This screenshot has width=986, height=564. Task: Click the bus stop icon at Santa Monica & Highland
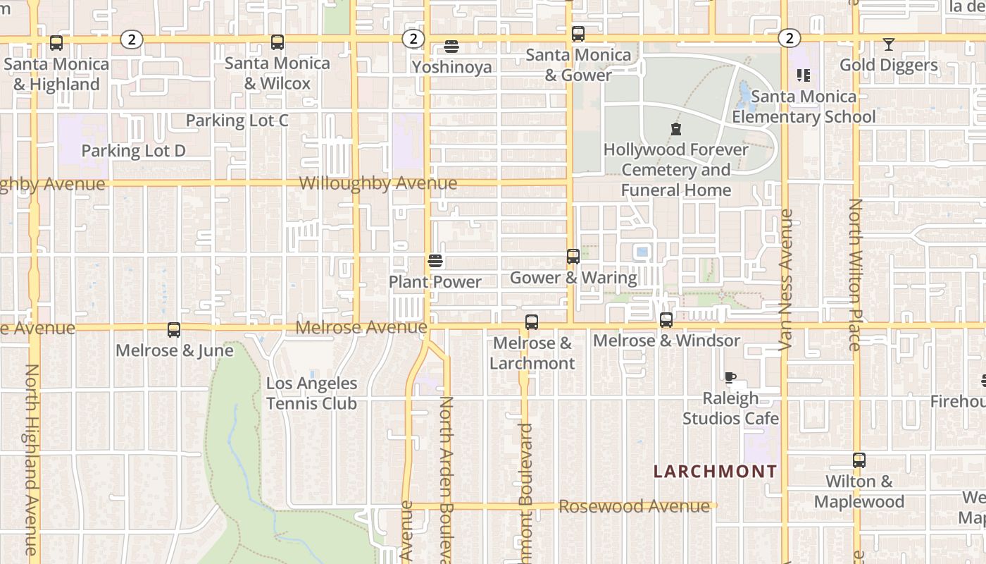pyautogui.click(x=56, y=43)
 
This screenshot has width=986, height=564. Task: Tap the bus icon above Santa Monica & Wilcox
pyautogui.click(x=277, y=42)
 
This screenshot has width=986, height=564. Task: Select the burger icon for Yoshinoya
pyautogui.click(x=451, y=47)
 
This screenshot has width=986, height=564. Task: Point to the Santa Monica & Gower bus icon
pyautogui.click(x=578, y=33)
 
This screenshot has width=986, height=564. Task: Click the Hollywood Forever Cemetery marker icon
pyautogui.click(x=676, y=129)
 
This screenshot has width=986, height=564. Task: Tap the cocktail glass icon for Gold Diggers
pyautogui.click(x=889, y=44)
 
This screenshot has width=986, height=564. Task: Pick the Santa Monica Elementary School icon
pyautogui.click(x=804, y=75)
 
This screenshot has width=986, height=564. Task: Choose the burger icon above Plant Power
pyautogui.click(x=435, y=261)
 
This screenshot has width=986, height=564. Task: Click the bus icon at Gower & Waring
pyautogui.click(x=573, y=257)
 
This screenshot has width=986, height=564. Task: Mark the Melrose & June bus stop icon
pyautogui.click(x=174, y=329)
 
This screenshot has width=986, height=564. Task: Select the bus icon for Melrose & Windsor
pyautogui.click(x=666, y=320)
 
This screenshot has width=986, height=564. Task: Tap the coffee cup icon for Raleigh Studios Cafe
pyautogui.click(x=730, y=377)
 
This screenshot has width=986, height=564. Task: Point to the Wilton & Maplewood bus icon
pyautogui.click(x=859, y=460)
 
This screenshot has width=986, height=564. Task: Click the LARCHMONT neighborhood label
pyautogui.click(x=716, y=472)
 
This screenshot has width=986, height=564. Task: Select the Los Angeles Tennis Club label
pyautogui.click(x=311, y=393)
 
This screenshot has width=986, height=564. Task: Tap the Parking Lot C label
pyautogui.click(x=237, y=121)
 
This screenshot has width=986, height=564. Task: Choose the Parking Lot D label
pyautogui.click(x=133, y=150)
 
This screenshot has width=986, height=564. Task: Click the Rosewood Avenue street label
pyautogui.click(x=634, y=506)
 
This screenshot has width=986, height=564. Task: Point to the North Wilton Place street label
pyautogui.click(x=856, y=275)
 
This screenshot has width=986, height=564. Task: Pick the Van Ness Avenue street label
pyautogui.click(x=786, y=280)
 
